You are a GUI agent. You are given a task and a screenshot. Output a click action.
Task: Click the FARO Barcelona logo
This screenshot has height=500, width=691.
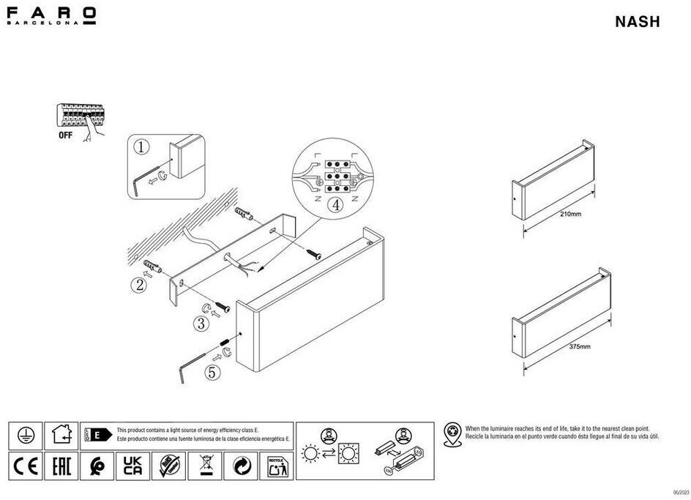coord(51,15)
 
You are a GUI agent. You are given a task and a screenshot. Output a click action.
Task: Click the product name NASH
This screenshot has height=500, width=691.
coord(638,22)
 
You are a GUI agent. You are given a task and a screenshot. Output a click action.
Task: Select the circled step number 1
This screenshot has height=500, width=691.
coord(142,146)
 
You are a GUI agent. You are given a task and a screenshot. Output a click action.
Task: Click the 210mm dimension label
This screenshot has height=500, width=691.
coord(569,214)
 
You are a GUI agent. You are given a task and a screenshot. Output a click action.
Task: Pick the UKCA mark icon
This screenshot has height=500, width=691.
coord(131,465)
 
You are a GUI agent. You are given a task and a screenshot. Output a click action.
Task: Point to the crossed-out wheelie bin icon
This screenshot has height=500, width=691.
coord(204,465)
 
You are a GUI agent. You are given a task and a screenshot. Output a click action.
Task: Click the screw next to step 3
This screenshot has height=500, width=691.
coord(222,310)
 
